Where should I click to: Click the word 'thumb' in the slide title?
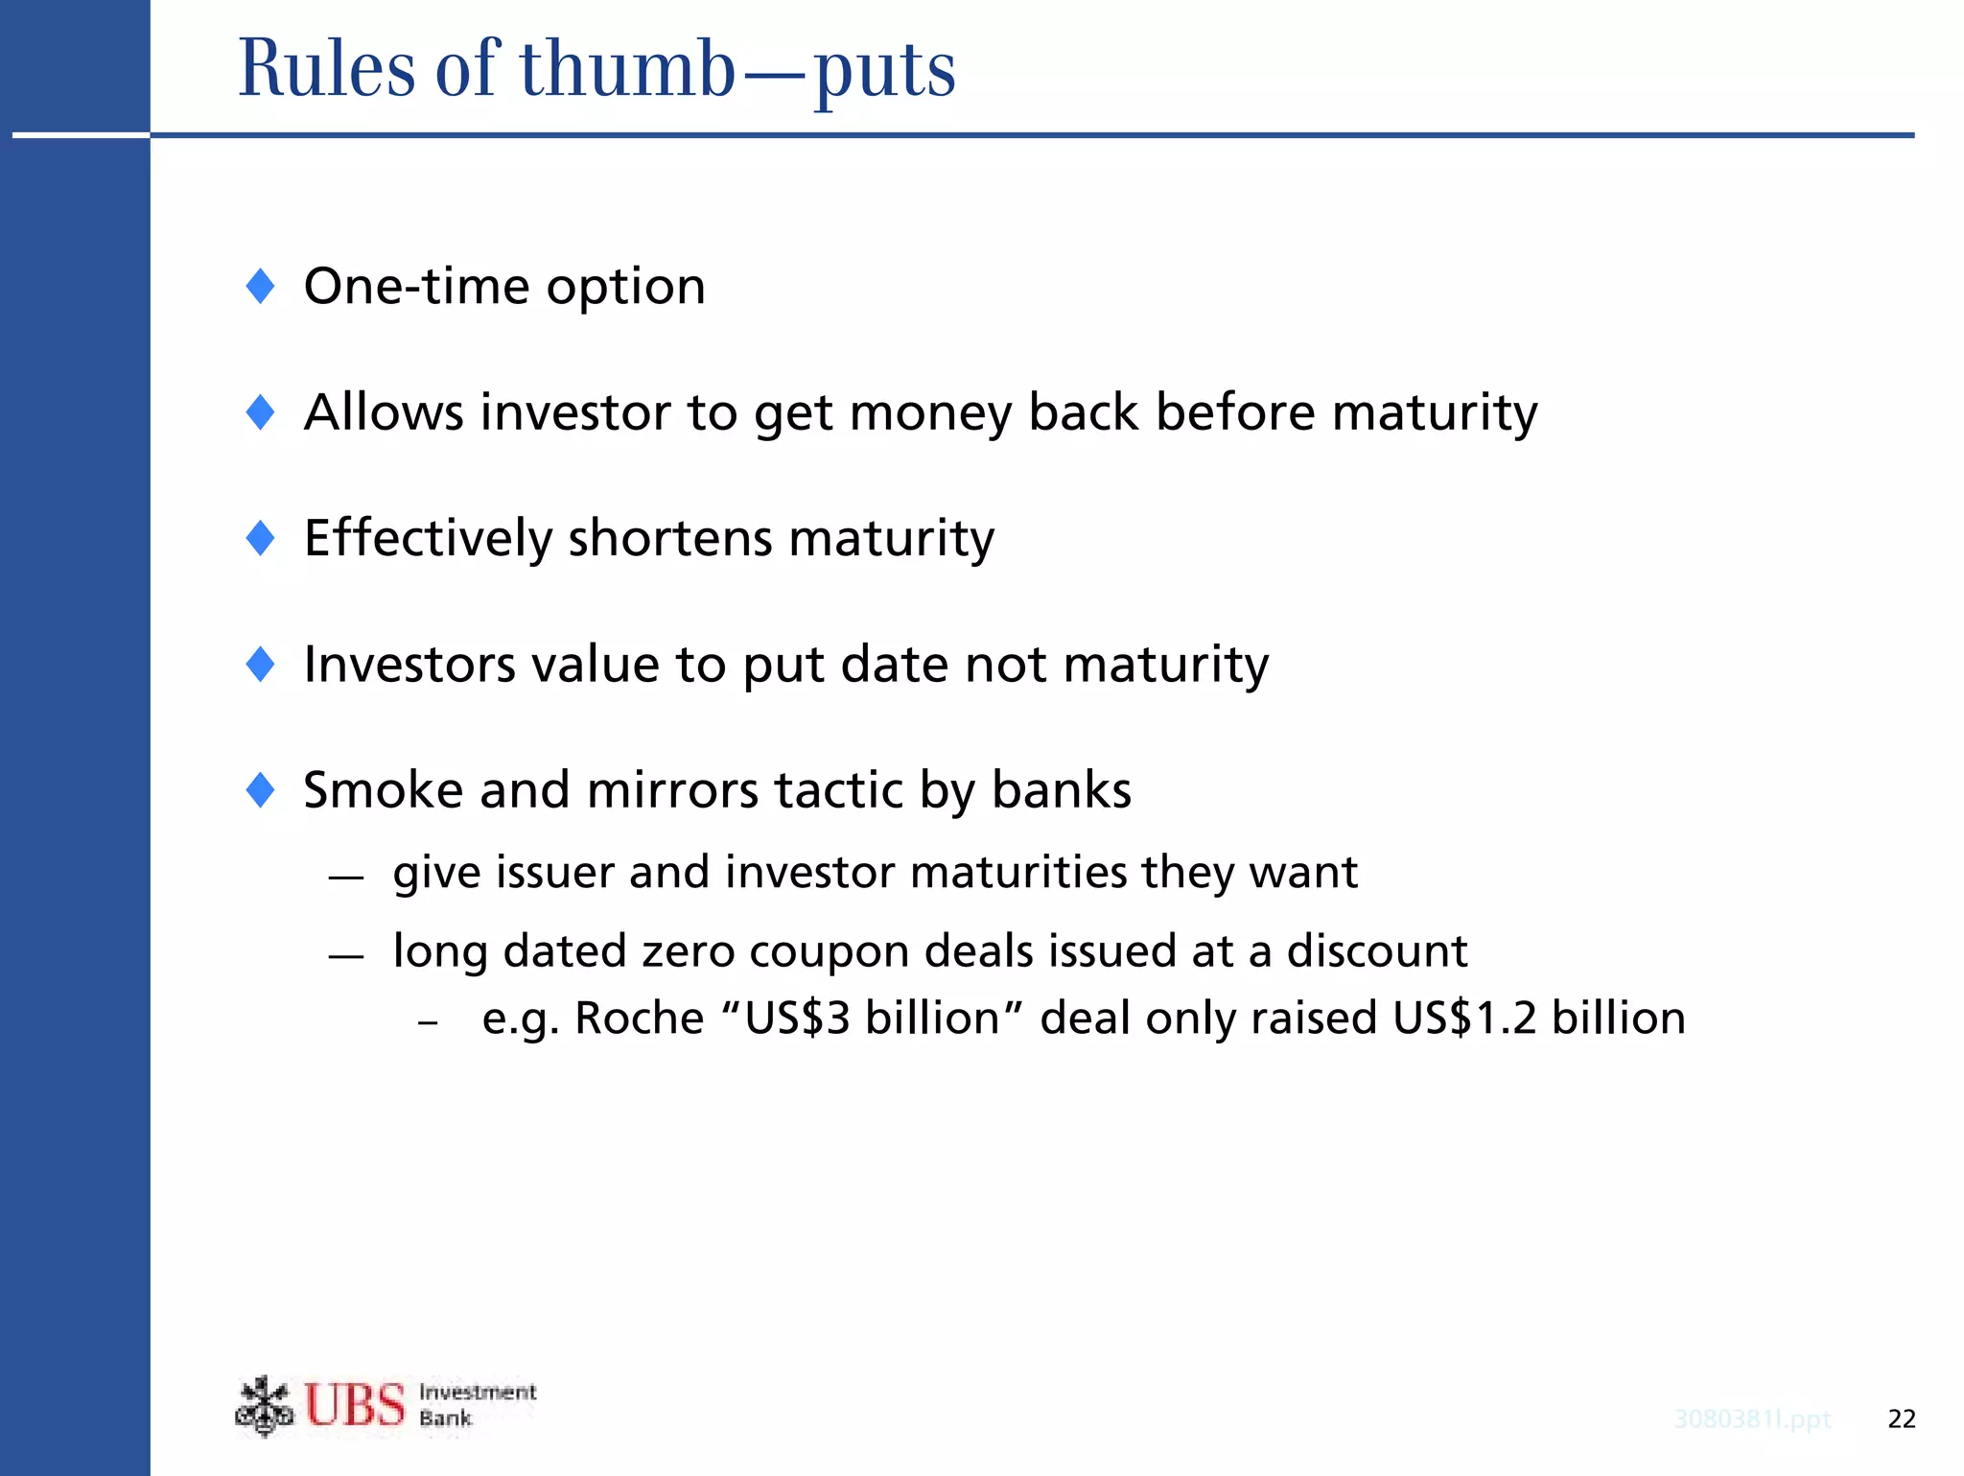(627, 69)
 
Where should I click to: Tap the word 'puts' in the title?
(884, 71)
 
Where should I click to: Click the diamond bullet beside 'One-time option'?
(260, 286)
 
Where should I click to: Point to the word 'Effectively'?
(428, 538)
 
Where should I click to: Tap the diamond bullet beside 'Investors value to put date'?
(260, 664)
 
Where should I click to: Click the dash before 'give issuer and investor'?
(345, 876)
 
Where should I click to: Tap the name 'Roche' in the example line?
(639, 1019)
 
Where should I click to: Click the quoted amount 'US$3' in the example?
(798, 1019)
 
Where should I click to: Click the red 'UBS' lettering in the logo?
(355, 1405)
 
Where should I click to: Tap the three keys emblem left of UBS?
(264, 1406)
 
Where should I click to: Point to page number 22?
(1901, 1418)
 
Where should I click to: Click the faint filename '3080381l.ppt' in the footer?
(1752, 1419)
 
